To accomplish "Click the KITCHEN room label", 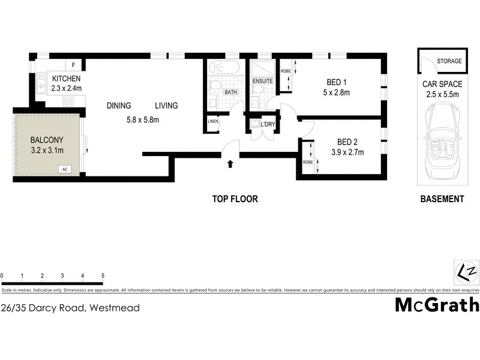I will click(66, 79).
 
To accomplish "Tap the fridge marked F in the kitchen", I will click(74, 65).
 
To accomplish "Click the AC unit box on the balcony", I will click(64, 169).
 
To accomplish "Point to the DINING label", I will click(119, 106).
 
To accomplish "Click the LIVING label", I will click(166, 106).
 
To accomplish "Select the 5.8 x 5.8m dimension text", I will click(142, 119).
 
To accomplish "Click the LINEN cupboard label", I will click(213, 122).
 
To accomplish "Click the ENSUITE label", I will click(262, 81).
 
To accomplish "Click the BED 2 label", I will click(347, 142).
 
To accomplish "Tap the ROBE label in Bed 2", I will click(308, 162).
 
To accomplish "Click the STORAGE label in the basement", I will click(449, 61).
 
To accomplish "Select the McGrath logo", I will click(437, 304).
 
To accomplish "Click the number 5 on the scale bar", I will click(103, 275).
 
